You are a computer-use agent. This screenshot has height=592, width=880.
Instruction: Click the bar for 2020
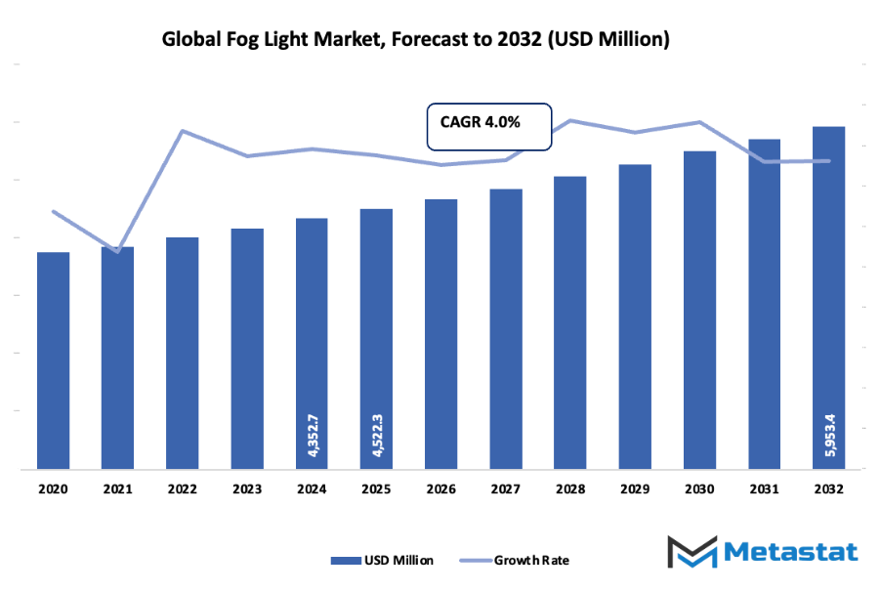(54, 360)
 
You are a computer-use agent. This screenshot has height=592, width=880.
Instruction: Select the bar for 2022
(183, 353)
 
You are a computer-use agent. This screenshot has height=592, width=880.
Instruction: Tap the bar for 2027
(506, 329)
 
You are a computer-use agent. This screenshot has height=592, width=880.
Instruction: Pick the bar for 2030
(699, 310)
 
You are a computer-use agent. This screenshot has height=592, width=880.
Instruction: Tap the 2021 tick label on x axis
(117, 487)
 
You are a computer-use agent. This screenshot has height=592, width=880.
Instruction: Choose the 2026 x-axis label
(440, 487)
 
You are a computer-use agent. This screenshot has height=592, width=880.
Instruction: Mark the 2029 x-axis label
(635, 487)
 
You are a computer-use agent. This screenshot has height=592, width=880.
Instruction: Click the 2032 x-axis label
(829, 487)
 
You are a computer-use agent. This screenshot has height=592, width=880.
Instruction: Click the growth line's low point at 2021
(118, 251)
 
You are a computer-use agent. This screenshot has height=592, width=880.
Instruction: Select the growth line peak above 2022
(183, 130)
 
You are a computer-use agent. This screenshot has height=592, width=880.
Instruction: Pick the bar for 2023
(247, 349)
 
